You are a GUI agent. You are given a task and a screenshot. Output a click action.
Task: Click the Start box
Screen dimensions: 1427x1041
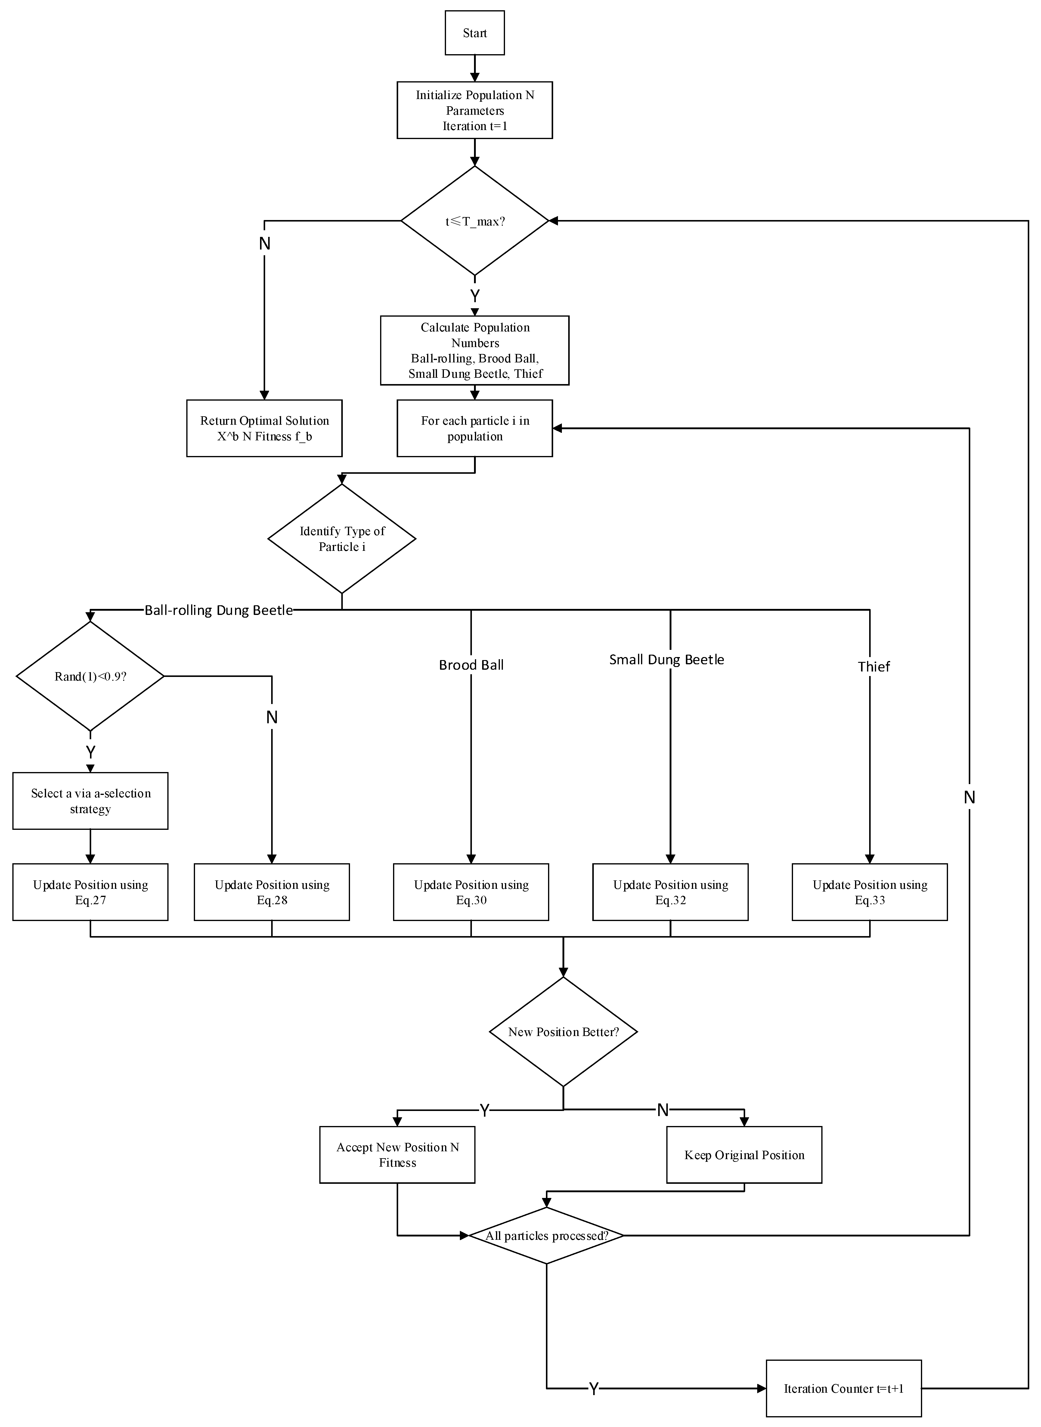(475, 33)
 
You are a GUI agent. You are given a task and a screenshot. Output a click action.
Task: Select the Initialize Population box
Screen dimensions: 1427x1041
(475, 110)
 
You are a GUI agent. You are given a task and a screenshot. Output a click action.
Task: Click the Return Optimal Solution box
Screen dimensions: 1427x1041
(264, 429)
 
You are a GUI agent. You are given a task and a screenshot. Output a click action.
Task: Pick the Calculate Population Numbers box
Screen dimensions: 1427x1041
(475, 350)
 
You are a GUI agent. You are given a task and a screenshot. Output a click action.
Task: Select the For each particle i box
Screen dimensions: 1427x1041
(475, 429)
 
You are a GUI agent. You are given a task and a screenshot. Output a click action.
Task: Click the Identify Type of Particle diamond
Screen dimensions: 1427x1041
(342, 539)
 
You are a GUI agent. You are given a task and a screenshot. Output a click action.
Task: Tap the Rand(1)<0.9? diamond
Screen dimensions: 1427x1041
(90, 676)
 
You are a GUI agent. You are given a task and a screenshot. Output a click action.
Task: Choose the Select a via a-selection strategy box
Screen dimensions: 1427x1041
(90, 801)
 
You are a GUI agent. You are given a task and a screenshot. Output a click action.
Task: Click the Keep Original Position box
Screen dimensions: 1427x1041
(744, 1155)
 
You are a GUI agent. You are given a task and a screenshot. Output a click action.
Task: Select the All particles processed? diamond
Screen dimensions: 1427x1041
(546, 1235)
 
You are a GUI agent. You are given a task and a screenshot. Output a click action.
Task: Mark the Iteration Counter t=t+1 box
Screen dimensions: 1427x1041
(844, 1388)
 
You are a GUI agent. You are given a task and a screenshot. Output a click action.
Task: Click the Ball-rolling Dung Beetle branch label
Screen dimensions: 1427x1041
(219, 610)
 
